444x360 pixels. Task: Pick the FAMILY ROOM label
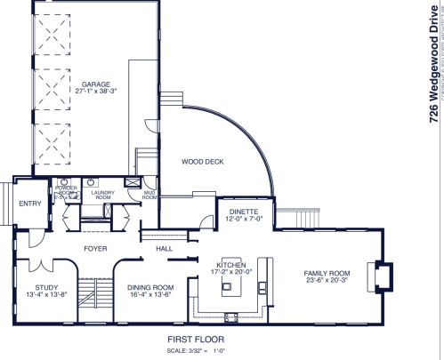point(327,273)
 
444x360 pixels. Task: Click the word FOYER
point(94,249)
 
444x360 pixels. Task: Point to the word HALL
point(165,249)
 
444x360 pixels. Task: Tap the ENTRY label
point(30,204)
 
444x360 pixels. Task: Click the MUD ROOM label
point(149,195)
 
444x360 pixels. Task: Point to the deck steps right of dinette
point(308,217)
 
